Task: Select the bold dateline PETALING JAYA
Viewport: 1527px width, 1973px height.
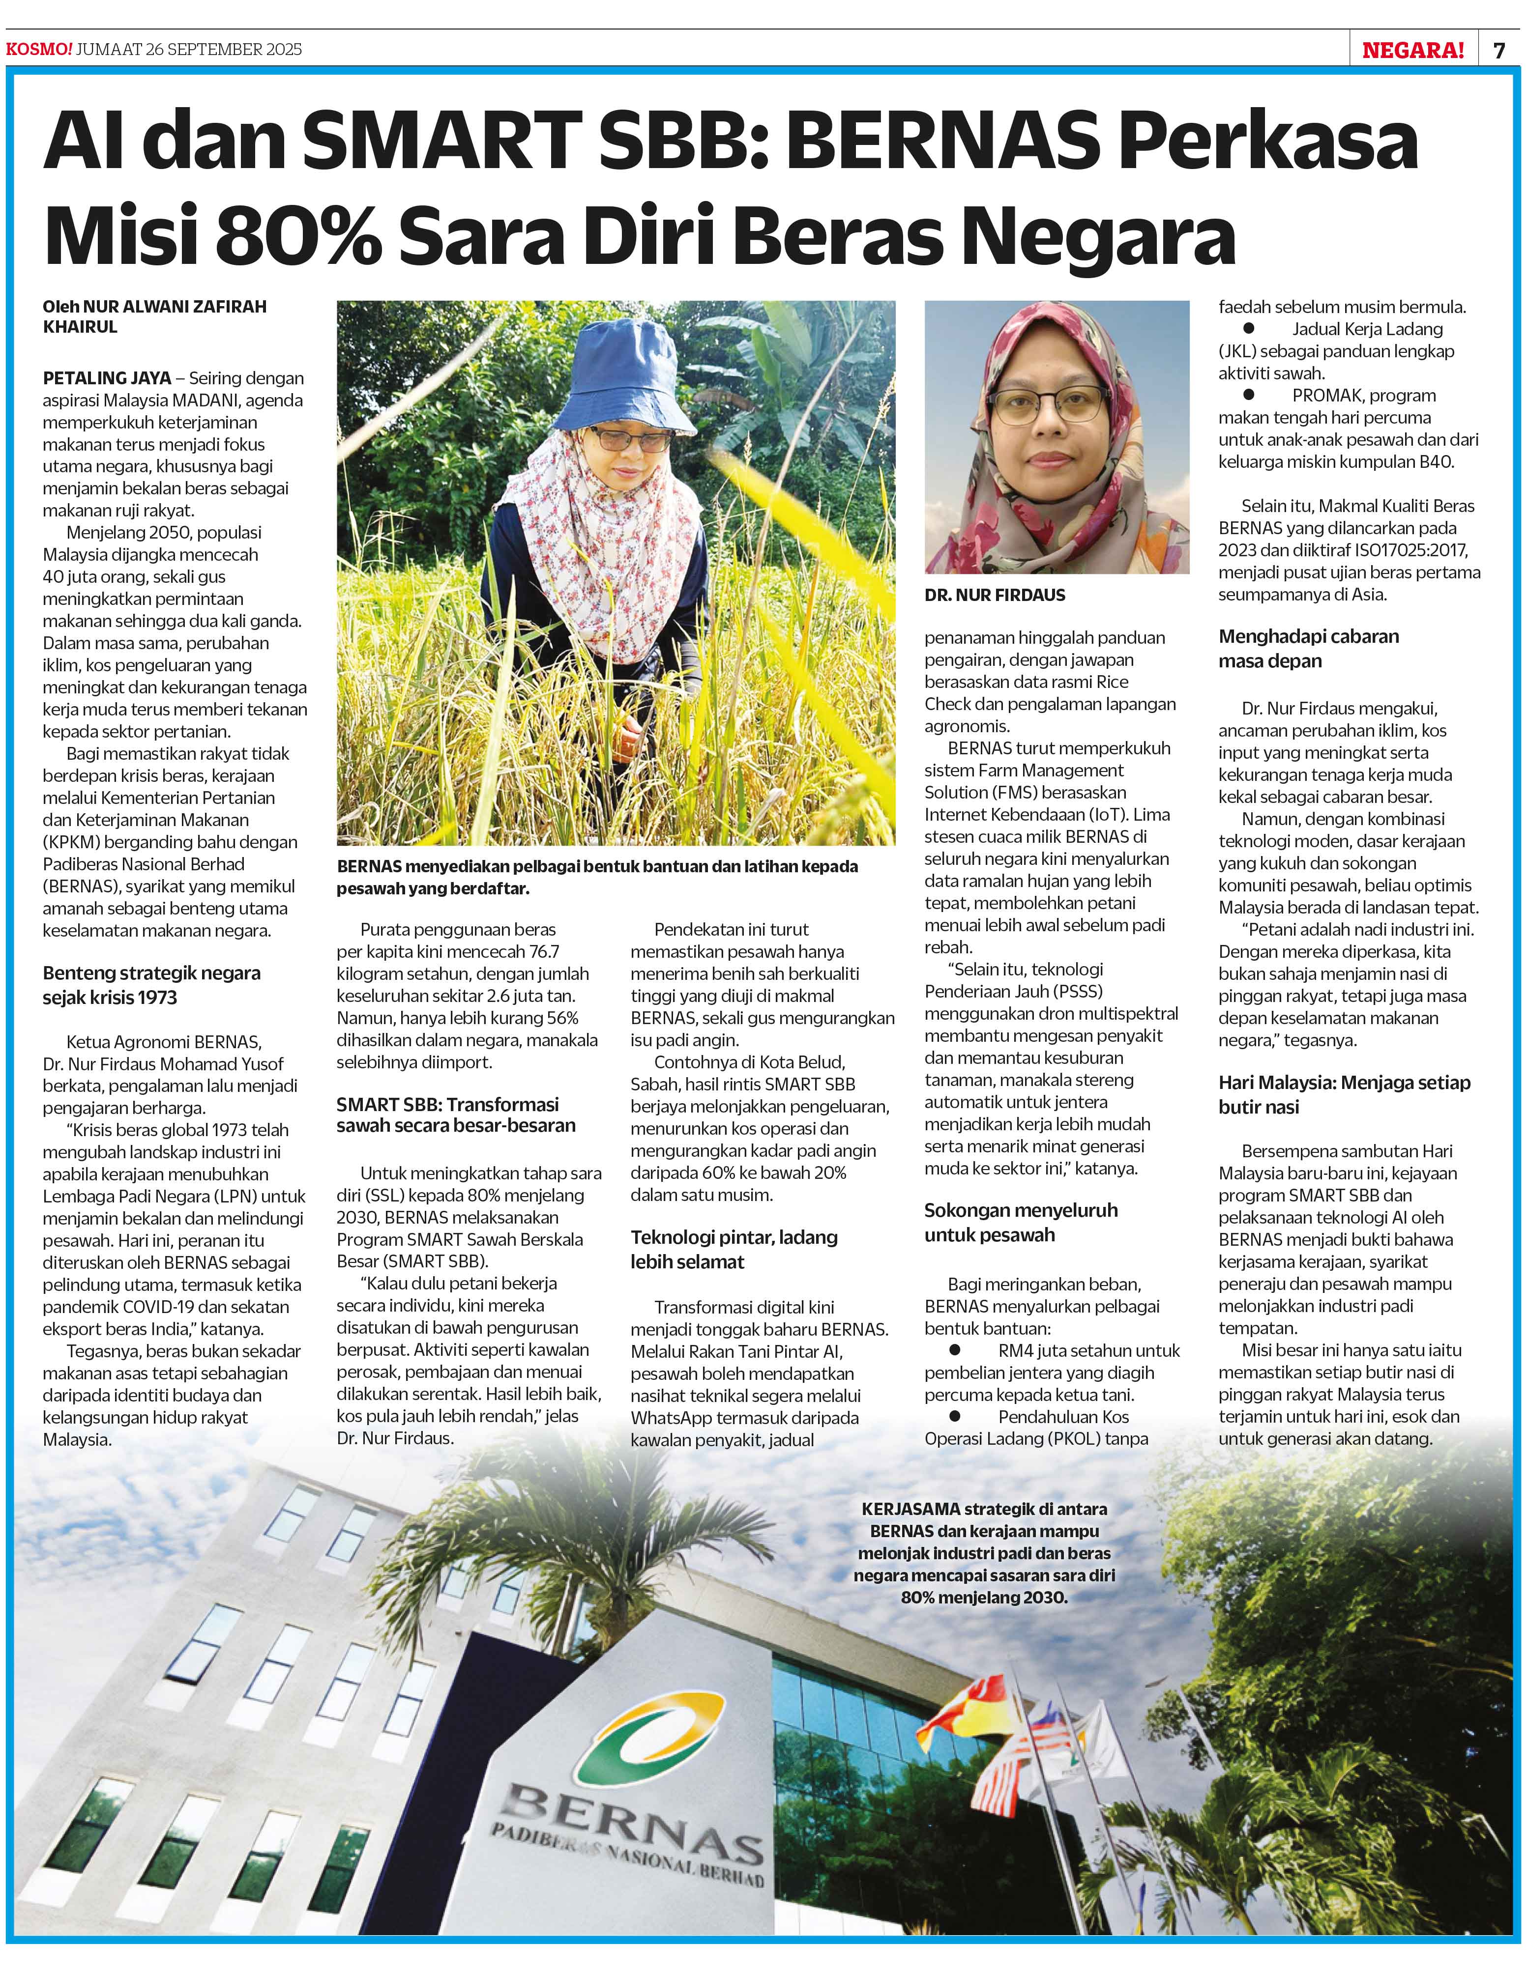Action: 107,377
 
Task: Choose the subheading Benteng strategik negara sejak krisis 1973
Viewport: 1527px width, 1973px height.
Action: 152,985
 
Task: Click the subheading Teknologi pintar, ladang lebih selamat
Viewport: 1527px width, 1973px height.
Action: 734,1249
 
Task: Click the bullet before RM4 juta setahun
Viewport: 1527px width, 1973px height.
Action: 954,1349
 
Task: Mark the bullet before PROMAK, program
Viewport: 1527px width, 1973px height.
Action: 1249,394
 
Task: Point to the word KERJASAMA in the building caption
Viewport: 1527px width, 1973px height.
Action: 908,1509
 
